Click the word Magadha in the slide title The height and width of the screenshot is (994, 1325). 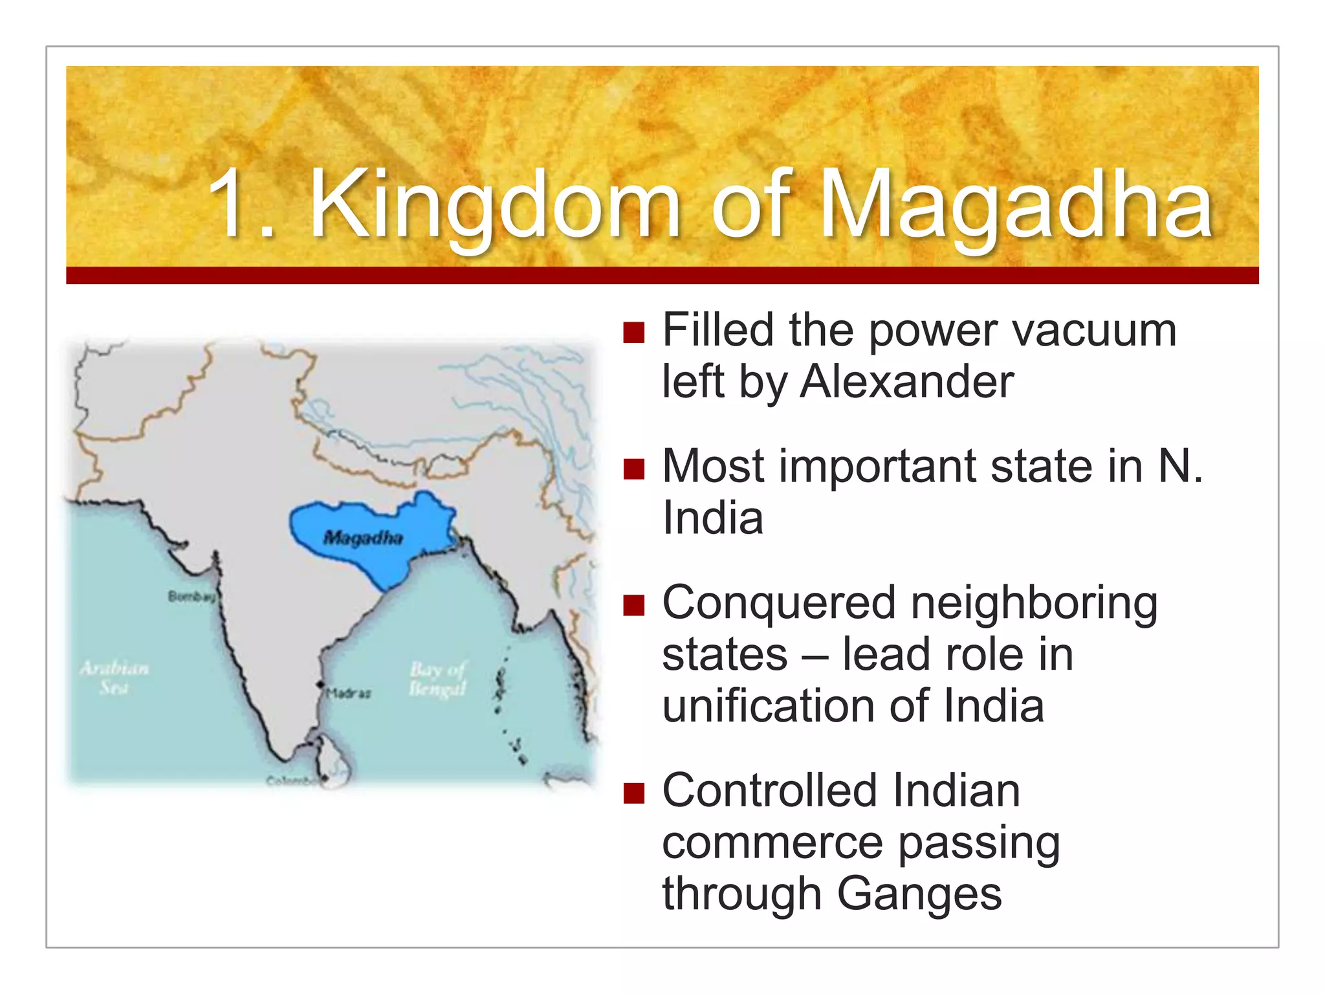click(x=1016, y=206)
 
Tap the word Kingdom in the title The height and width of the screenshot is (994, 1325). click(x=496, y=206)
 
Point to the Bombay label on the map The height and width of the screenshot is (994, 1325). click(x=191, y=596)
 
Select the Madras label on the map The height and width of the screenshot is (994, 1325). click(x=349, y=693)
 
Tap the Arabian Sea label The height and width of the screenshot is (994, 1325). click(x=114, y=677)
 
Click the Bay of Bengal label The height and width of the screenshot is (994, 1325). click(x=437, y=678)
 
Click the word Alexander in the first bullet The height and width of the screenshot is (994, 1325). click(x=906, y=381)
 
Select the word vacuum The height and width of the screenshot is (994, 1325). click(x=1094, y=330)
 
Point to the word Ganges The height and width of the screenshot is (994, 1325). click(x=919, y=893)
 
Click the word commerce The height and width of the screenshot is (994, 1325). click(x=772, y=842)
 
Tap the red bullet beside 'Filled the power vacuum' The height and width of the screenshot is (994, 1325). click(x=634, y=333)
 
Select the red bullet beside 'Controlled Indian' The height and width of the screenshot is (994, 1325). click(x=634, y=793)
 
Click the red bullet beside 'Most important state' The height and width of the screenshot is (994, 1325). click(x=634, y=469)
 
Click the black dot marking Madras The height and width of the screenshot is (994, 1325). click(x=320, y=684)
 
